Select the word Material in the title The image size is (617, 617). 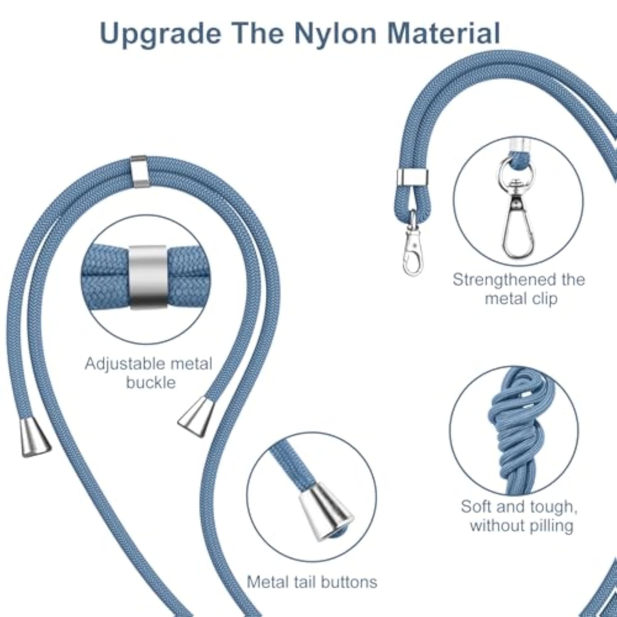[x=444, y=33]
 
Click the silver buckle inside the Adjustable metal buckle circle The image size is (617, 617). [x=148, y=277]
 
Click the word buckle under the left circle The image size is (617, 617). [x=151, y=383]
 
